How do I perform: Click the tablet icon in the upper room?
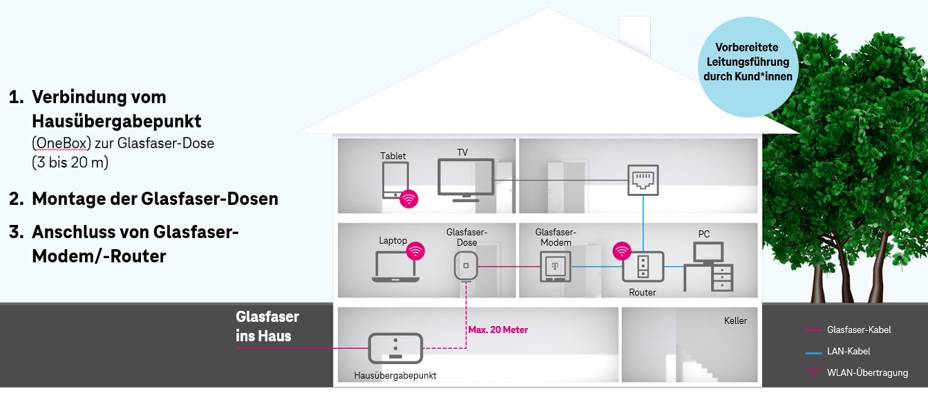pyautogui.click(x=395, y=180)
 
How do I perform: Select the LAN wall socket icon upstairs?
pyautogui.click(x=643, y=180)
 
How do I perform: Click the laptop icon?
pyautogui.click(x=396, y=266)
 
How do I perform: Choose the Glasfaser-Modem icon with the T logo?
pyautogui.click(x=556, y=266)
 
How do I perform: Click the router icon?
pyautogui.click(x=643, y=267)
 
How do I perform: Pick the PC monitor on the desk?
pyautogui.click(x=708, y=253)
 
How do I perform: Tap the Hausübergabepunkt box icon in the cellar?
pyautogui.click(x=396, y=348)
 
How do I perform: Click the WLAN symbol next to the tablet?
pyautogui.click(x=409, y=199)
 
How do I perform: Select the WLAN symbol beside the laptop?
pyautogui.click(x=415, y=251)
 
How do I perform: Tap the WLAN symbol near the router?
pyautogui.click(x=622, y=251)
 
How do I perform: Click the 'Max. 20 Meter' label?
pyautogui.click(x=498, y=329)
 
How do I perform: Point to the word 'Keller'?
pyautogui.click(x=735, y=320)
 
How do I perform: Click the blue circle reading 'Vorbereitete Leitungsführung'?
pyautogui.click(x=748, y=67)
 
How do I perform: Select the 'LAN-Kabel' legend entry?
pyautogui.click(x=837, y=352)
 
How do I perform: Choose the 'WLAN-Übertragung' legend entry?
pyautogui.click(x=857, y=372)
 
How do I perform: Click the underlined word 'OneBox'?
pyautogui.click(x=61, y=143)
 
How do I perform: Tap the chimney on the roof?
pyautogui.click(x=635, y=35)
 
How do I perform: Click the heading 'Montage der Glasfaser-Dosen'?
pyautogui.click(x=155, y=199)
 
